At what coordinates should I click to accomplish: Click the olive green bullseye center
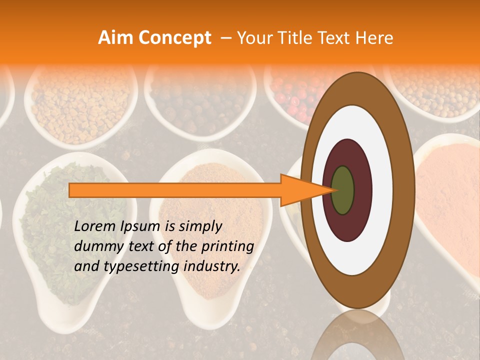(343, 190)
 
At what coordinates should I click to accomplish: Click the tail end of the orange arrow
(72, 190)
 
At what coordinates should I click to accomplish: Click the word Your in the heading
(254, 38)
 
